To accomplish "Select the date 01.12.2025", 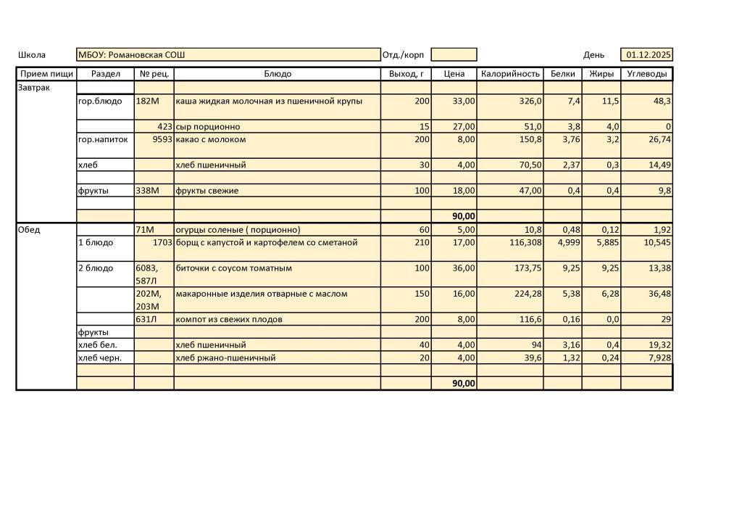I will coord(649,55).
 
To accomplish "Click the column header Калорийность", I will coord(510,74).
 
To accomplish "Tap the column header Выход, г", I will coord(406,74).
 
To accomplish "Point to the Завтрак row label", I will coord(35,87).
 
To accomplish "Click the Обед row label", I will coord(30,230).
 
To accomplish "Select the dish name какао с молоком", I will coord(211,139).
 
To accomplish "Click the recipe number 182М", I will coord(147,101).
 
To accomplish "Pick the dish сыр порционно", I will coord(208,127).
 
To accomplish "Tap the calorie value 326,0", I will coord(528,101).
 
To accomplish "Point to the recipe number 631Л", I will coord(146,319).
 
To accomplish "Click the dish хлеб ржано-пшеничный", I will coord(225,357).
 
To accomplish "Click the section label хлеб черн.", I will coord(100,357).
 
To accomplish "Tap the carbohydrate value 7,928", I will coord(656,357).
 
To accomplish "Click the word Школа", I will coord(32,55).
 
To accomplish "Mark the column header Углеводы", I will coord(646,74).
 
